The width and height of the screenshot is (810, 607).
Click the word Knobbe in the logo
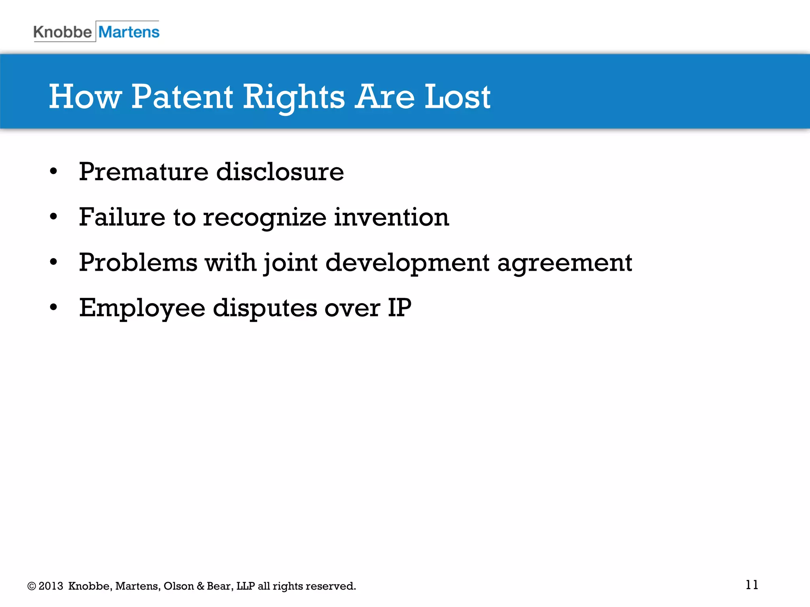[62, 32]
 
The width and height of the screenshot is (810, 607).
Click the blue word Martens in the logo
[129, 32]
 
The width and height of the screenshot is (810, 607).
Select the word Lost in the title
[457, 97]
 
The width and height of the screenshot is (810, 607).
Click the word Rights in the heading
[293, 98]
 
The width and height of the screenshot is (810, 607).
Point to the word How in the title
[85, 97]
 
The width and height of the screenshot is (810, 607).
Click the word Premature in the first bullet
[144, 172]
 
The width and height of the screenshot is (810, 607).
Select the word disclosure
[280, 172]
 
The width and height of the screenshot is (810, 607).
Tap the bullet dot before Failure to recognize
[54, 217]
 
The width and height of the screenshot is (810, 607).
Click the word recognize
[265, 218]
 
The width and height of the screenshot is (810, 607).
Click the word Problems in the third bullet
[138, 262]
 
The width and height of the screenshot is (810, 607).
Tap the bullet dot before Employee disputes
[54, 307]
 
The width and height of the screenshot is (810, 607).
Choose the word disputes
[265, 309]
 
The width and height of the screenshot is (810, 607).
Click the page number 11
[751, 585]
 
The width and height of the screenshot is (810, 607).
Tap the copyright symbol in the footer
[32, 586]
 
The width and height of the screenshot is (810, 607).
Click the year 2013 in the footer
[51, 586]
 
